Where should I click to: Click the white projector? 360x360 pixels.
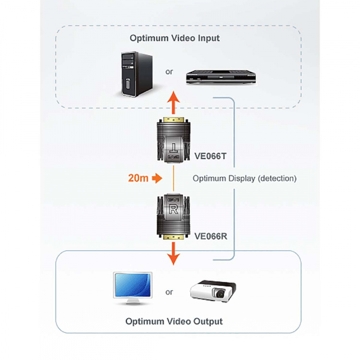213,290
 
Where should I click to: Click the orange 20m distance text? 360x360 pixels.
138,178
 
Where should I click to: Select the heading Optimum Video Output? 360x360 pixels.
174,321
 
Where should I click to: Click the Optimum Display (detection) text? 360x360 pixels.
244,178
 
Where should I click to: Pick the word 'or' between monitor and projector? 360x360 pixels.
169,291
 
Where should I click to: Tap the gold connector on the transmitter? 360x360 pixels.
173,119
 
